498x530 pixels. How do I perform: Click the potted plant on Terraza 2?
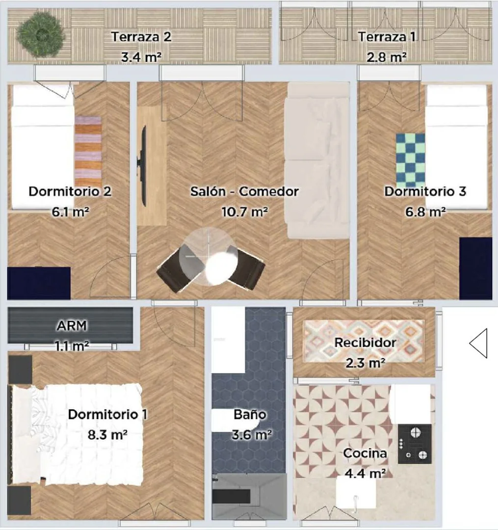pos(41,34)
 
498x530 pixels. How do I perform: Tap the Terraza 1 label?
pos(387,36)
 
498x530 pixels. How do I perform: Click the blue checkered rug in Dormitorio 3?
pos(411,160)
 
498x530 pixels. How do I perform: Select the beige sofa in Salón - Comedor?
pos(317,160)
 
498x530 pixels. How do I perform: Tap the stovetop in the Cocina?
pos(415,444)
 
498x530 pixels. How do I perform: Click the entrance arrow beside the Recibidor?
pos(478,343)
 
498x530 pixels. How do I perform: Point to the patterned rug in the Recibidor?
pos(364,341)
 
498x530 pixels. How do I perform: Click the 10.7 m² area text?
pos(245,212)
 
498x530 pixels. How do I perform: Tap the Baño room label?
pos(250,414)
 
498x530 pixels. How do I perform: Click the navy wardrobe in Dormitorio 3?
pos(476,268)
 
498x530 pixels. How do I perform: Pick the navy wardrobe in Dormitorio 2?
pos(39,283)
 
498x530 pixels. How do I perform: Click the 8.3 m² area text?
pos(107,435)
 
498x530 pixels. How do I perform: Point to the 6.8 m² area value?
pos(425,212)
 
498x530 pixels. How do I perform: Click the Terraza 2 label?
pos(141,36)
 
